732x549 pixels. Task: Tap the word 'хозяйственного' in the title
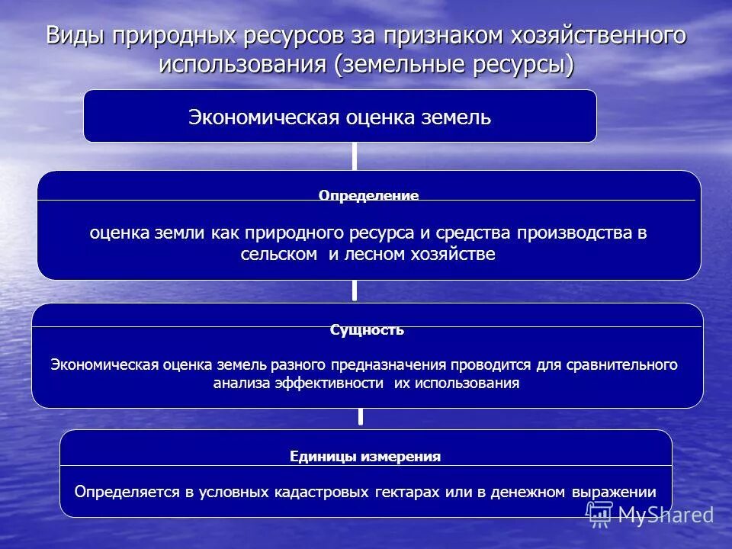(x=597, y=37)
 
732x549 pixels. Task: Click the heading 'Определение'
(x=368, y=195)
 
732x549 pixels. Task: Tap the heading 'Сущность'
(x=367, y=330)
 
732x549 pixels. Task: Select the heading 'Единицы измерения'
(x=365, y=457)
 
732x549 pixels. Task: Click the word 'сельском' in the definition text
(x=278, y=254)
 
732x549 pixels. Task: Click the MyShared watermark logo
(x=650, y=514)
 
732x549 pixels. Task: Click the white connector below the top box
(x=355, y=156)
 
